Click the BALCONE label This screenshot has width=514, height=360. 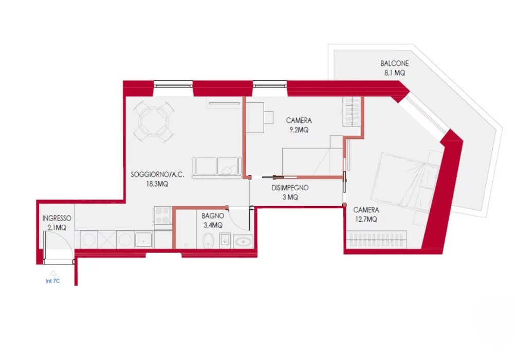[x=394, y=63]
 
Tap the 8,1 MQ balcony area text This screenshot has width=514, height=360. [x=395, y=73]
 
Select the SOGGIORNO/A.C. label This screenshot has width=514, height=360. [x=157, y=174]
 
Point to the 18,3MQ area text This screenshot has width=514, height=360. [x=157, y=184]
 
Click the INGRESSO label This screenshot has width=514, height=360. [x=57, y=219]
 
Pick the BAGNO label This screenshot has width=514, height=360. [x=213, y=215]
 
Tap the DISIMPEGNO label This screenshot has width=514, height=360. [x=290, y=188]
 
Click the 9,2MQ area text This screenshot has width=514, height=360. [x=299, y=130]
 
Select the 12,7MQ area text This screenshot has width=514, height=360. [x=366, y=219]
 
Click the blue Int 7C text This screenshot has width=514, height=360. [x=53, y=281]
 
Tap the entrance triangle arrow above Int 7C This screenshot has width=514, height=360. [x=53, y=273]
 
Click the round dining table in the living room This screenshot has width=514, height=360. [x=153, y=121]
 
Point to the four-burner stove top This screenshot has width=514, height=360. [x=162, y=215]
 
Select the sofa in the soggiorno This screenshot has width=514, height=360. [x=217, y=168]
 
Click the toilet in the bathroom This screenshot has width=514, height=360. [x=208, y=241]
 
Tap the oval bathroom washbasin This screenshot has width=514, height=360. [x=243, y=242]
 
